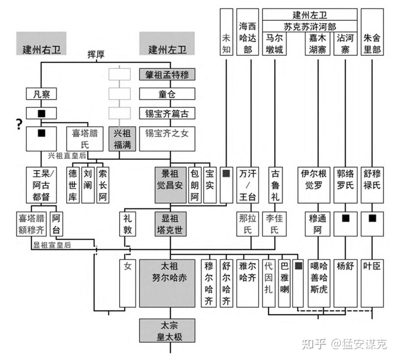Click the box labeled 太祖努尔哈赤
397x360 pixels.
tap(170, 283)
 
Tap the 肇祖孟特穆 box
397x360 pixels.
tap(167, 74)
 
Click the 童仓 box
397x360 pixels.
tap(167, 94)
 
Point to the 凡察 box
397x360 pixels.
tap(41, 94)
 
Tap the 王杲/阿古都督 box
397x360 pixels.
tap(41, 185)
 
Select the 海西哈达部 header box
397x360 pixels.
tap(247, 32)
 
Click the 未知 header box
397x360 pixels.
tap(226, 32)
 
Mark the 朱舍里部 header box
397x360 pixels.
tap(372, 32)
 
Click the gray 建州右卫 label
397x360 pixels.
tap(41, 49)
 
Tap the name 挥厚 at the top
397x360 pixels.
tap(96, 54)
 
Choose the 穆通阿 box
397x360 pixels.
tap(317, 224)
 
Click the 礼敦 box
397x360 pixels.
tap(128, 224)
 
